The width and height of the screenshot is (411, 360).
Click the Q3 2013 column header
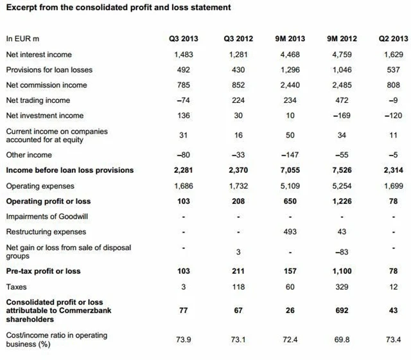click(184, 39)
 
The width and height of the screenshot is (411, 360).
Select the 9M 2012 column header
click(341, 39)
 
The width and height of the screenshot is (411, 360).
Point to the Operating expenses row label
click(40, 186)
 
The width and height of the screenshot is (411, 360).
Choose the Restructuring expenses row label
click(46, 231)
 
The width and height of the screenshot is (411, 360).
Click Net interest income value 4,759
click(341, 55)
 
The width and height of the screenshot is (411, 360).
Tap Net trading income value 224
click(238, 100)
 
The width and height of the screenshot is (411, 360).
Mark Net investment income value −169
click(341, 116)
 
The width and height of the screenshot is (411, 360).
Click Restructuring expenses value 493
click(290, 231)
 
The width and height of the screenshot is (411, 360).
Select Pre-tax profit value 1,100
click(341, 271)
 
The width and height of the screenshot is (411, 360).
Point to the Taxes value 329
click(341, 287)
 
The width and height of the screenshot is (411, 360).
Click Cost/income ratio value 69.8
click(341, 339)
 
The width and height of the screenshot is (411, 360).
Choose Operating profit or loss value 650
click(290, 201)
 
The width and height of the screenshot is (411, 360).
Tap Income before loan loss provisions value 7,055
click(290, 170)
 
